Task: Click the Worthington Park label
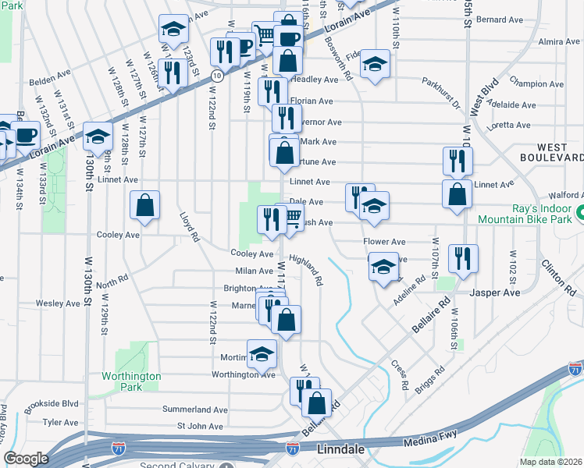click(x=131, y=381)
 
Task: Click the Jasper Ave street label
click(x=495, y=292)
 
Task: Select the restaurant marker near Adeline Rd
click(x=464, y=259)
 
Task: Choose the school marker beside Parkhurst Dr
click(x=376, y=65)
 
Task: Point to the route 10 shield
click(x=217, y=76)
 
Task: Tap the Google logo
click(x=27, y=459)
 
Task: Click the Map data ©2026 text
click(x=550, y=462)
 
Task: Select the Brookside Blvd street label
click(x=52, y=404)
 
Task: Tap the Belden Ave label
click(x=50, y=80)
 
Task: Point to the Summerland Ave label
click(x=194, y=409)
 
